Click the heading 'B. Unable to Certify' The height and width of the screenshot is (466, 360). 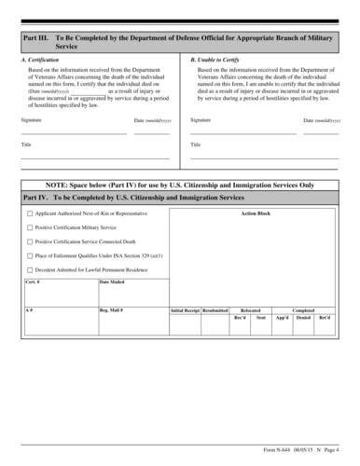(210, 58)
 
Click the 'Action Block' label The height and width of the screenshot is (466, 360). (255, 213)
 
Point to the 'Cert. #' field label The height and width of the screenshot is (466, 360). (33, 281)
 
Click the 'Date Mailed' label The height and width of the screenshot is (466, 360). (112, 281)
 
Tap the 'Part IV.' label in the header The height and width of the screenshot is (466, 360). (36, 199)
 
